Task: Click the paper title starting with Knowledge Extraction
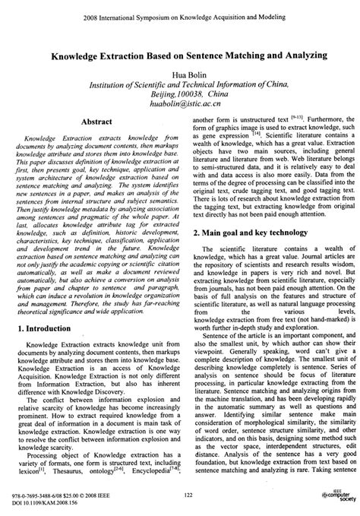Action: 180,55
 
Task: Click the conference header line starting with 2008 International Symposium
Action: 180,14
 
